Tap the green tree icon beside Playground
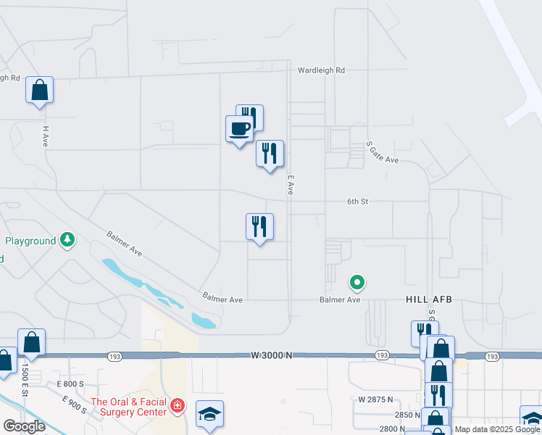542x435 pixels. (67, 239)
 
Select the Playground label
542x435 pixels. (30, 241)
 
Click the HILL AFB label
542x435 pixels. (428, 299)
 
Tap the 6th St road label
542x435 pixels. (357, 202)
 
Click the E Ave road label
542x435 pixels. (290, 184)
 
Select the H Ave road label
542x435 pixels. (45, 136)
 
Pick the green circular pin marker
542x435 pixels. (357, 281)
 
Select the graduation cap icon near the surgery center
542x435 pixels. (209, 414)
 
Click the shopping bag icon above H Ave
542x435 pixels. (40, 91)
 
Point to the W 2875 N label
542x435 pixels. (375, 399)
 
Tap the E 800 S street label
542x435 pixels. (71, 384)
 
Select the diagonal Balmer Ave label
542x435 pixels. (124, 244)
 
